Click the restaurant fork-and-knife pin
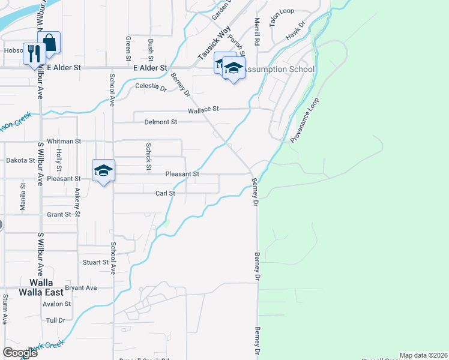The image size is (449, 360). point(32,53)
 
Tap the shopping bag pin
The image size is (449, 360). point(49,42)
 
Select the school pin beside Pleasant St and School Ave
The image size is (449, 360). point(103,171)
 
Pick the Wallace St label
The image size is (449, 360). point(203,110)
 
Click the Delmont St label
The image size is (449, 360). point(161,122)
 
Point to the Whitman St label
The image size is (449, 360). point(64,142)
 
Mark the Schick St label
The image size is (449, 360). point(148,156)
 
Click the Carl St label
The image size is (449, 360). point(165,193)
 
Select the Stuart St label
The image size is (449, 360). point(95,262)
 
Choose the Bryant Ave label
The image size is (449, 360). point(81,288)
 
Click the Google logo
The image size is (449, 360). point(20,353)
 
